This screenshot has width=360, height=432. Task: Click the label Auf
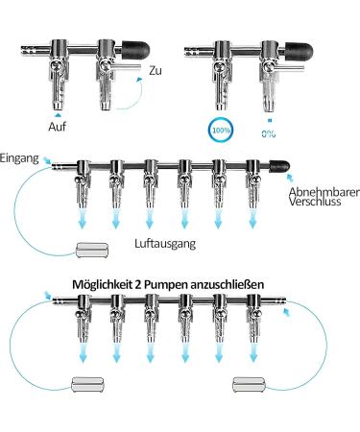(x=58, y=126)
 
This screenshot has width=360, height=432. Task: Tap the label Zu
(x=156, y=71)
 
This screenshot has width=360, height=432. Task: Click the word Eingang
(x=19, y=156)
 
